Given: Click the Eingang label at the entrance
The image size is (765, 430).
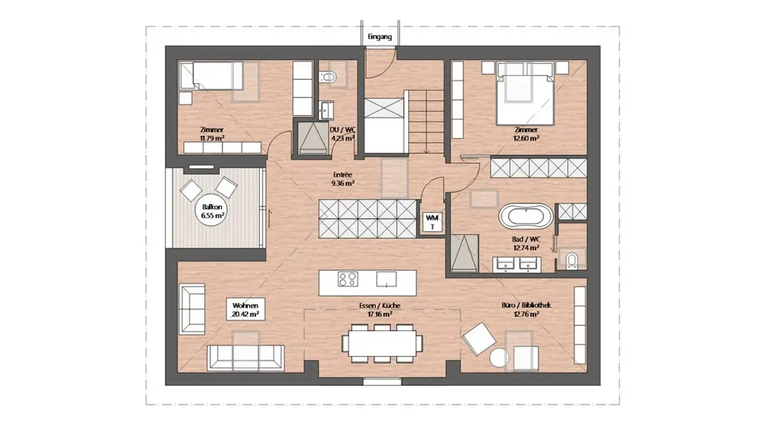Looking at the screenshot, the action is pos(379,37).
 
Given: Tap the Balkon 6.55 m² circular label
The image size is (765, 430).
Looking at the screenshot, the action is pos(212,211).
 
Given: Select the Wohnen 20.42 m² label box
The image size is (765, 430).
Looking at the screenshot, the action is pos(245,309).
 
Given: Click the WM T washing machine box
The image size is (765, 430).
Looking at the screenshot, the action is pos(432,222).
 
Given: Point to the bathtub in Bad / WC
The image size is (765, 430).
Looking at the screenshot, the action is pos(525,216).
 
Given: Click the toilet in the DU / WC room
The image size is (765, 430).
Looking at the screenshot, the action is pos(328,77).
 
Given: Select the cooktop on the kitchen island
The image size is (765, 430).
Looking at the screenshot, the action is pos(348,279).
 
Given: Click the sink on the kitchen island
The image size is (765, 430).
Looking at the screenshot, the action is pos(387,279).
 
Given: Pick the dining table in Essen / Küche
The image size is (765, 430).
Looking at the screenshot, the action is pos(382,343).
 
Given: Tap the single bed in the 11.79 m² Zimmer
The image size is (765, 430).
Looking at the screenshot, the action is pos(212,76).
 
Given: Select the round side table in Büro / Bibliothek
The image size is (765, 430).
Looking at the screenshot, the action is pos(499,357).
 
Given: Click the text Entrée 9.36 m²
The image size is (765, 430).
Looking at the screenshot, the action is pos(343,179).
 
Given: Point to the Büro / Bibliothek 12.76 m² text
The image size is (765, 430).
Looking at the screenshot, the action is pos(526,309).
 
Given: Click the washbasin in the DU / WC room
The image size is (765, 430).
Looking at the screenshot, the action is pos(327,110).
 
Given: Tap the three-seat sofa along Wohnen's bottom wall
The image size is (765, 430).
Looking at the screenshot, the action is pos(245,358).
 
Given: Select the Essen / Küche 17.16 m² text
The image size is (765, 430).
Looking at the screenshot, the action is pos(379,309).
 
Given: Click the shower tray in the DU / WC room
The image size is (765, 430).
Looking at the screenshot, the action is pos(313,138).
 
